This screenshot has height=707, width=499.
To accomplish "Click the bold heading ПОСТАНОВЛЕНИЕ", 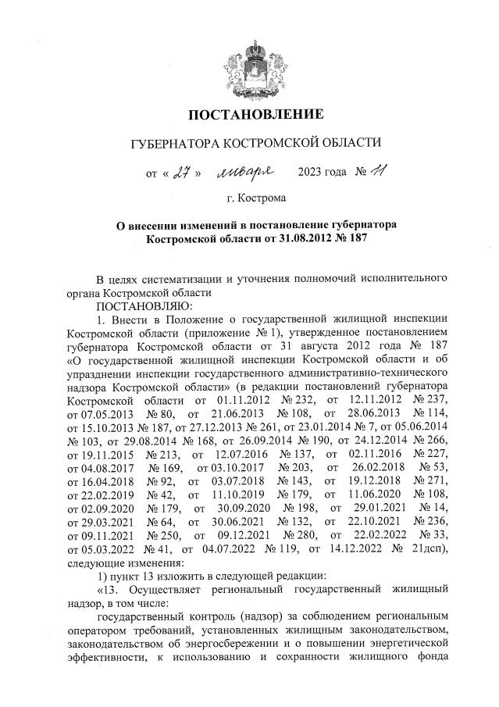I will [255, 115].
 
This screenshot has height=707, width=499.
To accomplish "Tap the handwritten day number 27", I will [183, 171].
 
